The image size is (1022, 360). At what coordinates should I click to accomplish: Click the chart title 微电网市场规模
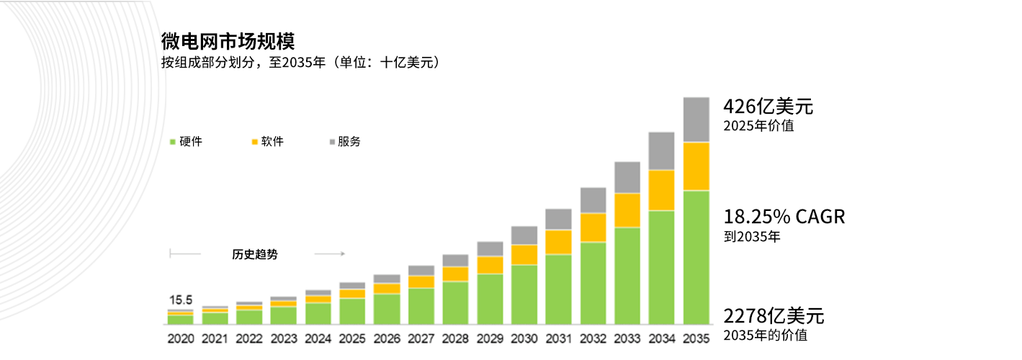(228, 41)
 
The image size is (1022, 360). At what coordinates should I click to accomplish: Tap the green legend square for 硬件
(172, 142)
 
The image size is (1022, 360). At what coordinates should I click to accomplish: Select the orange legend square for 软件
(254, 142)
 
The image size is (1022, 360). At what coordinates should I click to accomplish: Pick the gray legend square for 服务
(332, 142)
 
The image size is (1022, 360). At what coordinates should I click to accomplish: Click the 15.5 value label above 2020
(181, 300)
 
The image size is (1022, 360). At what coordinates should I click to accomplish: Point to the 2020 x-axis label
(181, 338)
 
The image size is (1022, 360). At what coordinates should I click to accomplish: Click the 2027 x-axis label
(421, 338)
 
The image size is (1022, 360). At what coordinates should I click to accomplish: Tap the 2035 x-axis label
(696, 338)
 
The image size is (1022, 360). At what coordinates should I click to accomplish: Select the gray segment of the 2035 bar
(696, 120)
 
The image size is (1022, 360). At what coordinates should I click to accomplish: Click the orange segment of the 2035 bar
(696, 166)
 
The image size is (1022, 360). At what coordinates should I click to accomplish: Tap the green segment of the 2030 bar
(524, 294)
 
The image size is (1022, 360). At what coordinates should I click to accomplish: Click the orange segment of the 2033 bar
(627, 210)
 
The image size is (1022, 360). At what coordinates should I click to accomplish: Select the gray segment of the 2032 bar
(593, 200)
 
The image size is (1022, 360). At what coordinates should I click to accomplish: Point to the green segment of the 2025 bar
(352, 311)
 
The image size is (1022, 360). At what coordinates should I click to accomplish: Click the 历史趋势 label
(254, 254)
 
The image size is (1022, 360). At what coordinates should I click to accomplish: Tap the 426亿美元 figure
(768, 107)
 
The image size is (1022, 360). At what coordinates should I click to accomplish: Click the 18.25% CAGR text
(784, 217)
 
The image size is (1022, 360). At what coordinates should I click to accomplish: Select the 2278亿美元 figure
(774, 316)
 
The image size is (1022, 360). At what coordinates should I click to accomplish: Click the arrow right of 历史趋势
(330, 254)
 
